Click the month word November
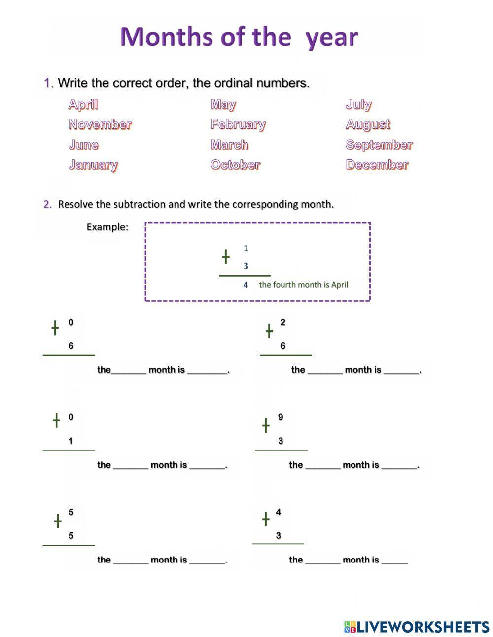click(x=100, y=124)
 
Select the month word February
click(x=238, y=124)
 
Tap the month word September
click(x=379, y=145)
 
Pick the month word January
click(x=93, y=165)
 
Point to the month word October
click(x=235, y=165)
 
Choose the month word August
click(x=368, y=124)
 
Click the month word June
click(x=83, y=145)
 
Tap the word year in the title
click(x=331, y=37)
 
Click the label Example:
click(x=107, y=227)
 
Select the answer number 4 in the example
click(x=246, y=285)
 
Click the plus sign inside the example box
click(x=225, y=257)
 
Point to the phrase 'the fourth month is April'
click(x=303, y=285)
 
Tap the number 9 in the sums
click(x=281, y=417)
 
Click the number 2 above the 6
click(x=282, y=322)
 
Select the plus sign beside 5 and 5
click(x=58, y=521)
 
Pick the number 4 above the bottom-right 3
click(x=278, y=512)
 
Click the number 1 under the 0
click(x=71, y=441)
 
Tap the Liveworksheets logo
click(x=417, y=627)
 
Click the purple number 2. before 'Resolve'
click(x=48, y=204)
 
